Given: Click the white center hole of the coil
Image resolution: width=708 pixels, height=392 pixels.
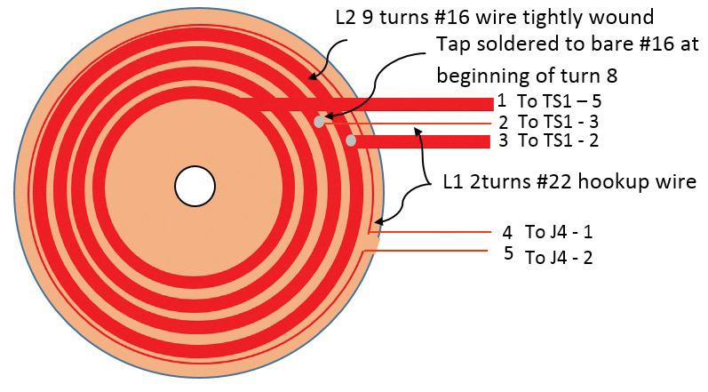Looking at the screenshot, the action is tap(195, 187).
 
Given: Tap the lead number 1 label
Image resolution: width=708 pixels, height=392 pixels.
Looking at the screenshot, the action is tap(502, 101).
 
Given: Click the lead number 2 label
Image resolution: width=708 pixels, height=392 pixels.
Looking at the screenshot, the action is tap(503, 122).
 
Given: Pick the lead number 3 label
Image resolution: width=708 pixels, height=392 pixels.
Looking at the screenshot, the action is tap(503, 140).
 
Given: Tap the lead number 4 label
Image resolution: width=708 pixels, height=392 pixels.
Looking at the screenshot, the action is tap(506, 232).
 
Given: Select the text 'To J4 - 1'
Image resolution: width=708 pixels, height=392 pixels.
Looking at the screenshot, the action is tap(559, 232).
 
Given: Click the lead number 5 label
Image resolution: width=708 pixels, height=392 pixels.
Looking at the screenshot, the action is tap(508, 253).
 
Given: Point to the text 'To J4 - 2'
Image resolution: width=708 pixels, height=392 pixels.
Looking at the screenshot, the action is tap(559, 258).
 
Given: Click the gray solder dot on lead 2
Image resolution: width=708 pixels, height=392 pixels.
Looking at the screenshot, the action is tap(318, 122).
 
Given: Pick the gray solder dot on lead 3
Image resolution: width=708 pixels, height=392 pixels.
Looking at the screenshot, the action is tap(351, 140).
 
